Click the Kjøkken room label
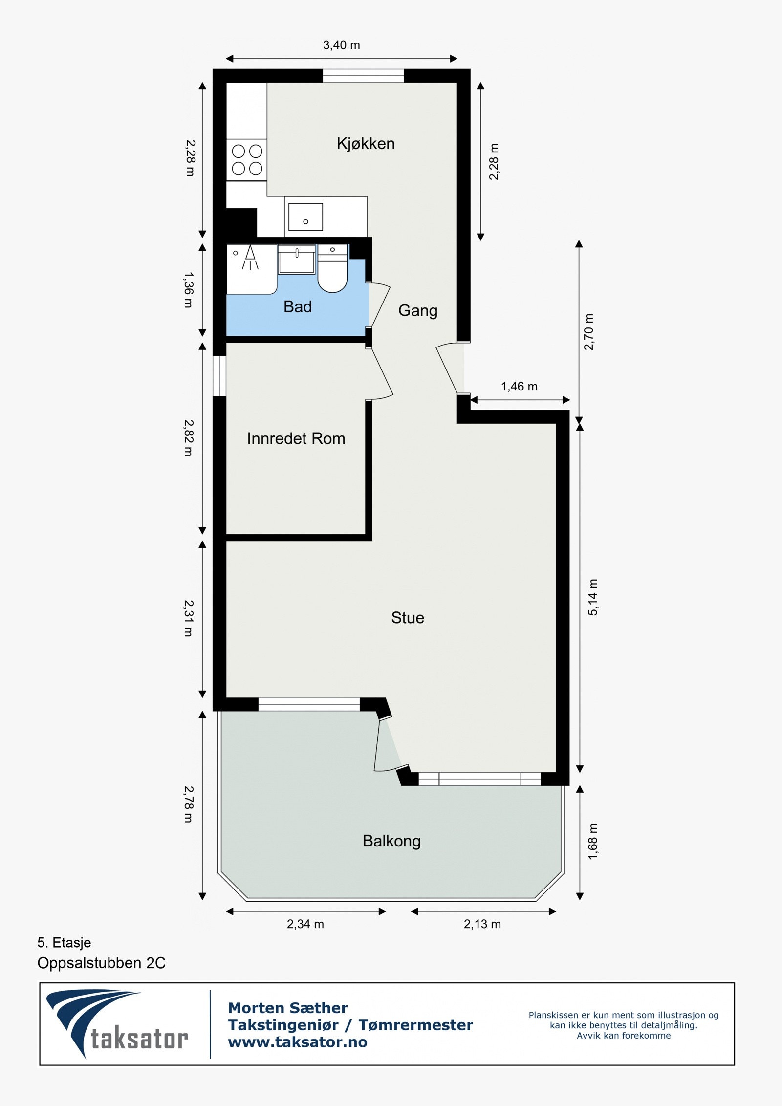366,144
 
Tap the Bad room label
297,307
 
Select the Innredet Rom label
296,438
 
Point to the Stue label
407,618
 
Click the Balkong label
391,841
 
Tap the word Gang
417,310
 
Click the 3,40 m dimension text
341,45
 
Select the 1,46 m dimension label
519,387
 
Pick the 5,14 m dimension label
592,597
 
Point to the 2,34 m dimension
305,924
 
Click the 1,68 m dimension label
592,842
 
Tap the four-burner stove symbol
247,160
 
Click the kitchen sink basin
305,217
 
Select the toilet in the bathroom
332,271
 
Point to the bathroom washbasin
297,260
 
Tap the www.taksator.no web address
297,1042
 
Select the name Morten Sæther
287,1008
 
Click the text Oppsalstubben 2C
101,963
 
